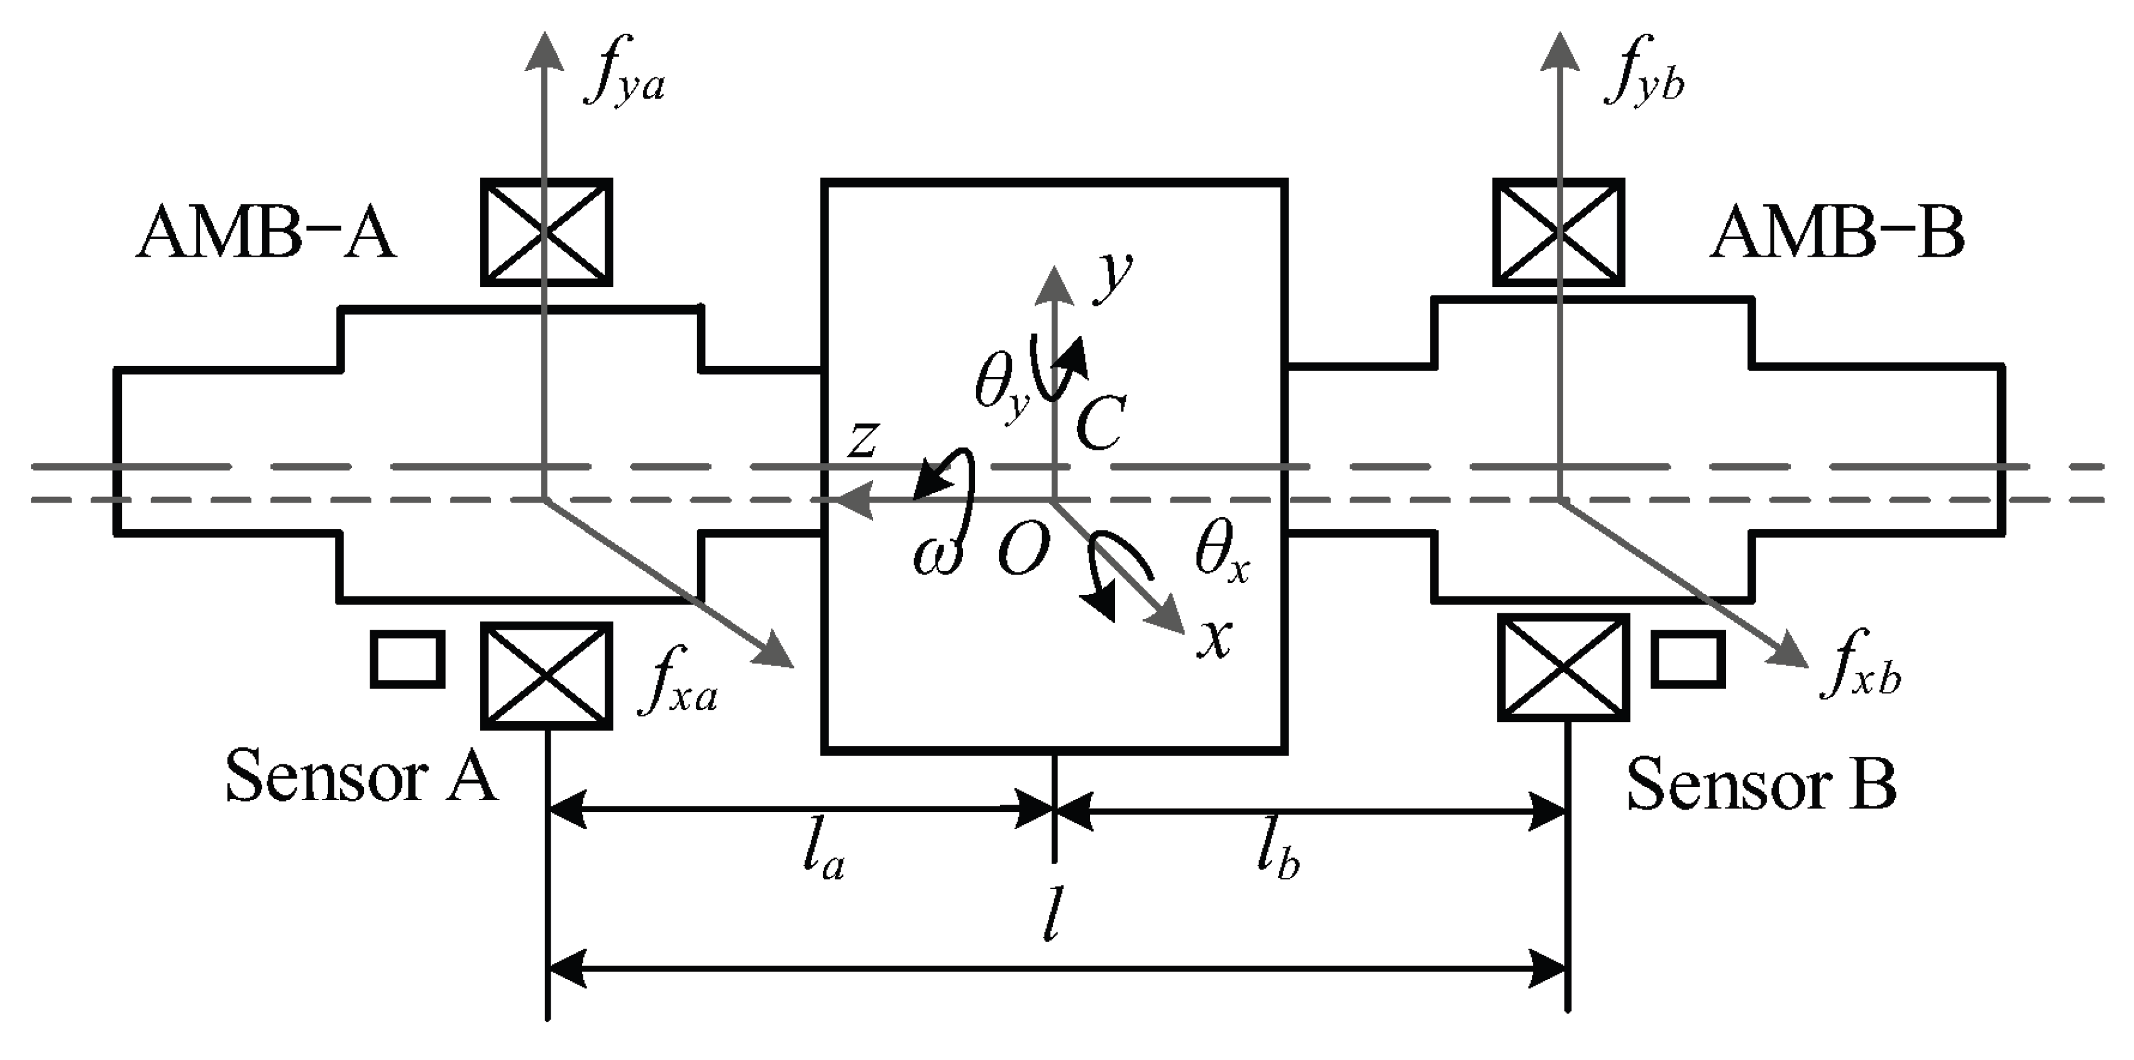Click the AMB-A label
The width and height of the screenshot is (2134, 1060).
pos(265,235)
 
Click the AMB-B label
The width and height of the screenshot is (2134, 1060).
pos(1837,235)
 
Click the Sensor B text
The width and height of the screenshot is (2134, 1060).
pos(1761,784)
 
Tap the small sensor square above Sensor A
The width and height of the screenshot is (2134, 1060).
pos(407,659)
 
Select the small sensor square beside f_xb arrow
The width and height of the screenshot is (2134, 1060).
pos(1688,659)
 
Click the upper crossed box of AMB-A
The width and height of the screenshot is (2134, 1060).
pos(547,232)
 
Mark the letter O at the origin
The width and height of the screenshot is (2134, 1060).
pos(1023,550)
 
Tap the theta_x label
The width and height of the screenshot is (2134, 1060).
pos(1221,551)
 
